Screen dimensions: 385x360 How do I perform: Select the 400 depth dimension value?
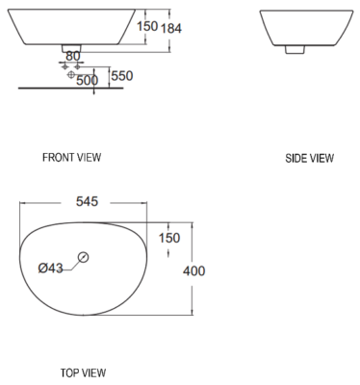point(193,271)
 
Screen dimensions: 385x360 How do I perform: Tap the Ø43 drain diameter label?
point(49,268)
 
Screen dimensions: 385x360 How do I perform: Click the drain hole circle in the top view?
point(84,257)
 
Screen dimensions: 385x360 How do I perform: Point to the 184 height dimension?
point(171,28)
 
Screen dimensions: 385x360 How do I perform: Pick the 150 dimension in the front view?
point(146,27)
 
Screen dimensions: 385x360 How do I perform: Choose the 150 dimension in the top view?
point(168,238)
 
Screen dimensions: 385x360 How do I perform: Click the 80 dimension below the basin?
point(73,57)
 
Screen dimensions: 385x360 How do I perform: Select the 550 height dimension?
point(121,75)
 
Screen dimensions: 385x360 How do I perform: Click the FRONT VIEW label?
point(71,157)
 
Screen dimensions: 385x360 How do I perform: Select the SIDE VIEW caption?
point(309,158)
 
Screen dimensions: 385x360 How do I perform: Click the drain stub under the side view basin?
point(296,47)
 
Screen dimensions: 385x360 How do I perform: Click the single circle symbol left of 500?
point(70,75)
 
